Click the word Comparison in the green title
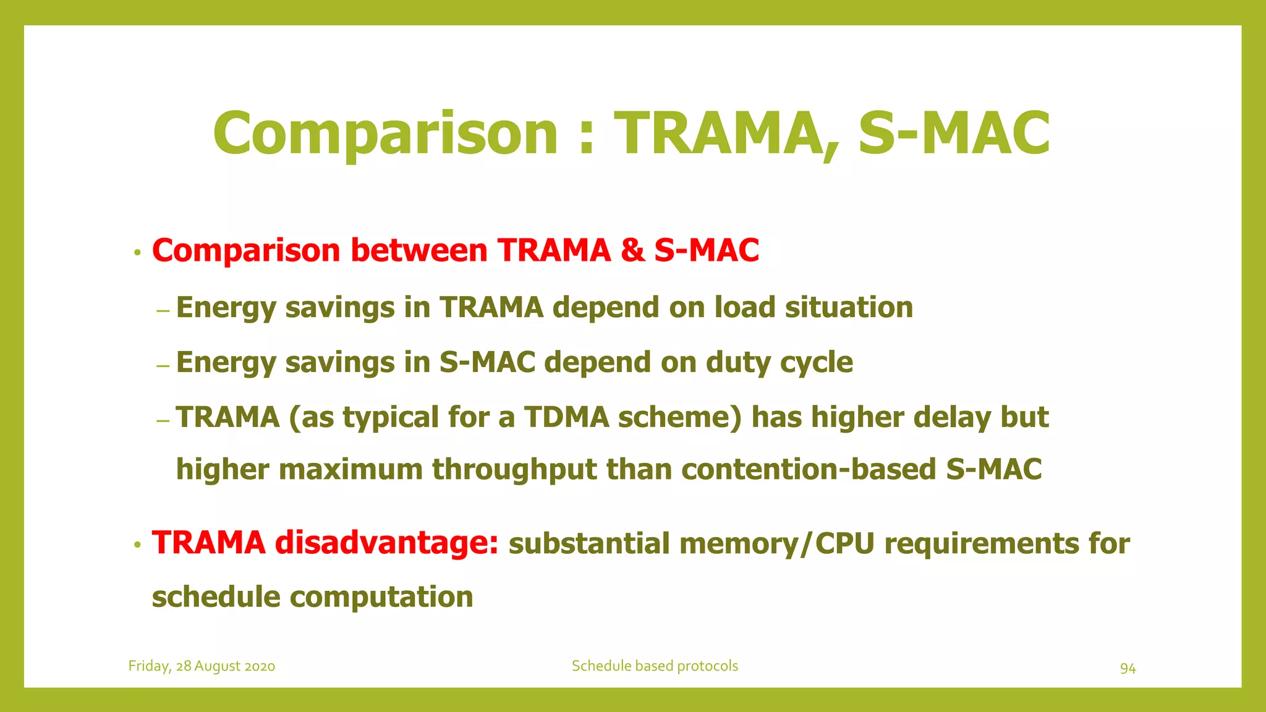[385, 133]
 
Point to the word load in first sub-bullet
[744, 307]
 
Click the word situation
[849, 307]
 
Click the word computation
[381, 597]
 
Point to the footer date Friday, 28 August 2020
[202, 666]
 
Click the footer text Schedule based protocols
[655, 666]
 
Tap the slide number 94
[1128, 668]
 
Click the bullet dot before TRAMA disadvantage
[138, 545]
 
